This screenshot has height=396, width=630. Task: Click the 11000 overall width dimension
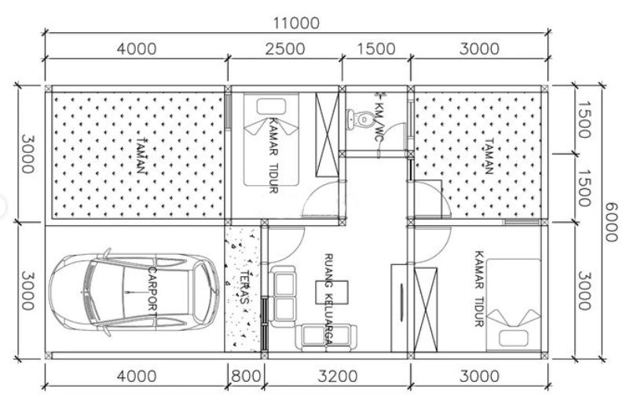(296, 23)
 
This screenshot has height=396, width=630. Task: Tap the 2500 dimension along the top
(285, 49)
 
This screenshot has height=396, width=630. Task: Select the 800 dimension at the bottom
(246, 376)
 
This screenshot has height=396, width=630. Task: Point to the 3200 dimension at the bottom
(338, 376)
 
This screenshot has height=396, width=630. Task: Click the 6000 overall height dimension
(610, 222)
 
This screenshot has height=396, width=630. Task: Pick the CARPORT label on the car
(152, 289)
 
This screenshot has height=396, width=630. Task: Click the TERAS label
(245, 288)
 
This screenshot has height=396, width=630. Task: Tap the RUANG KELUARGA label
(328, 299)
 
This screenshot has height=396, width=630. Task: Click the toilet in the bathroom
(359, 119)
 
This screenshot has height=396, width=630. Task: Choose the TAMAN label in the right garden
(489, 157)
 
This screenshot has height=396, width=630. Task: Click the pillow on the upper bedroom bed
(271, 107)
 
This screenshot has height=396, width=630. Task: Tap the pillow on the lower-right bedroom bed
(513, 338)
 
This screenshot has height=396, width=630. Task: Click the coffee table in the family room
(331, 292)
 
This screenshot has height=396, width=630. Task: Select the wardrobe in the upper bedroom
(327, 135)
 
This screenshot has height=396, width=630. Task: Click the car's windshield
(90, 292)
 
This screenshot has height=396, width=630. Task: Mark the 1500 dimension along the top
(376, 49)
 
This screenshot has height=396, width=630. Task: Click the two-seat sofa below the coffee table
(326, 336)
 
